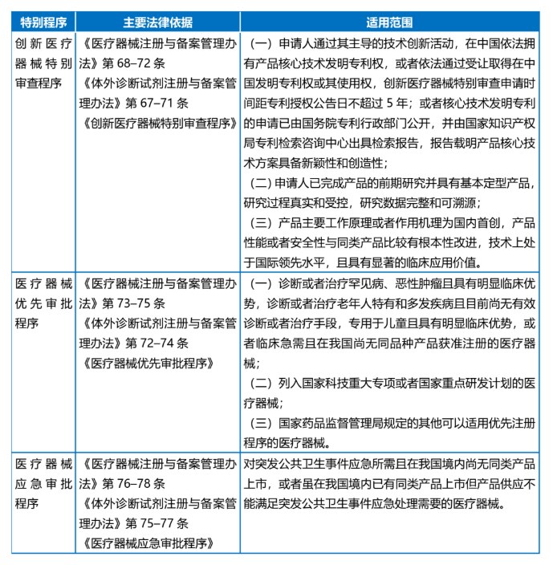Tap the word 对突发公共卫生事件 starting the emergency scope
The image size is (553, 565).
[x=301, y=464]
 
